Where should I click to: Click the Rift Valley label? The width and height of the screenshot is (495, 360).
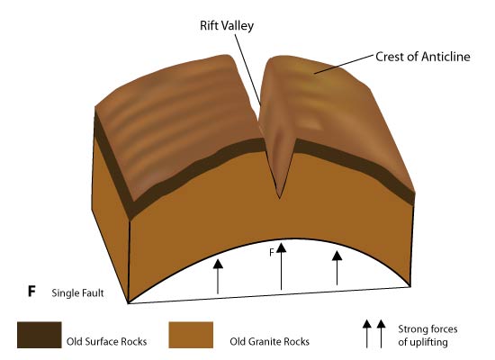point(227,25)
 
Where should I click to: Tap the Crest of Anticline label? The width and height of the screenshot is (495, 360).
point(423,57)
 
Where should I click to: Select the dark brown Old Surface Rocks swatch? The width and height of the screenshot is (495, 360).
point(40,335)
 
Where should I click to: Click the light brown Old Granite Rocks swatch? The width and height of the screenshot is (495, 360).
point(191,335)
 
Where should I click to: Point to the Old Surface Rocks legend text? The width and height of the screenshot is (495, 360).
point(107,341)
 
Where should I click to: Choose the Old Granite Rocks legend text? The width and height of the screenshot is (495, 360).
point(270,341)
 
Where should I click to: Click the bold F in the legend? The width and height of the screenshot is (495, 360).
point(31,292)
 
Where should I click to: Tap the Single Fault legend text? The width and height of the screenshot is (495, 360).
point(77,293)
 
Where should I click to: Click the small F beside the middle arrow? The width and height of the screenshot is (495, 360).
point(272,252)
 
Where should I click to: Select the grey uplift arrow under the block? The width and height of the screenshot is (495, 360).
point(218,276)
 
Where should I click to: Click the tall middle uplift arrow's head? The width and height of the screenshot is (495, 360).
point(282,247)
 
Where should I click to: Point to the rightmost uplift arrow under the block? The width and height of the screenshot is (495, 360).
point(337,268)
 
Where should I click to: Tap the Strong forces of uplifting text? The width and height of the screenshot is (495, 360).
point(427,336)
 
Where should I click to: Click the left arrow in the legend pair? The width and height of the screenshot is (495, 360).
point(366,334)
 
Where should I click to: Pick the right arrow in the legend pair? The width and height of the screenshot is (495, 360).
point(381,334)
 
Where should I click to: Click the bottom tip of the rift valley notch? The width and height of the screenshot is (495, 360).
point(279,198)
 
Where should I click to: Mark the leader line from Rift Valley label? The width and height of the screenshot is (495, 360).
point(247,69)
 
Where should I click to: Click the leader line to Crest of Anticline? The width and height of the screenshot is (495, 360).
point(344,64)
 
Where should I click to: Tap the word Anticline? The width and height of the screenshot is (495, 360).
point(445,57)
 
